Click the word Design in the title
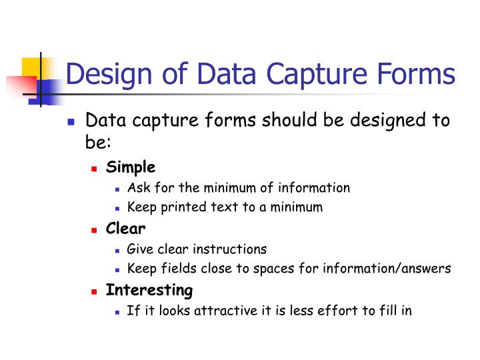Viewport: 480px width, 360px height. click(106, 74)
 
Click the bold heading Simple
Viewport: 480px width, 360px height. click(131, 167)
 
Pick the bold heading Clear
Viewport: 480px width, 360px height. click(125, 229)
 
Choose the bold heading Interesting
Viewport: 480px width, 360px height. click(149, 290)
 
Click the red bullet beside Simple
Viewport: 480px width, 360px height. click(95, 169)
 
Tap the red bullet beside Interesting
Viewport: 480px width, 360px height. click(95, 291)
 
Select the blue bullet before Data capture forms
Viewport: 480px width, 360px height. click(72, 123)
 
